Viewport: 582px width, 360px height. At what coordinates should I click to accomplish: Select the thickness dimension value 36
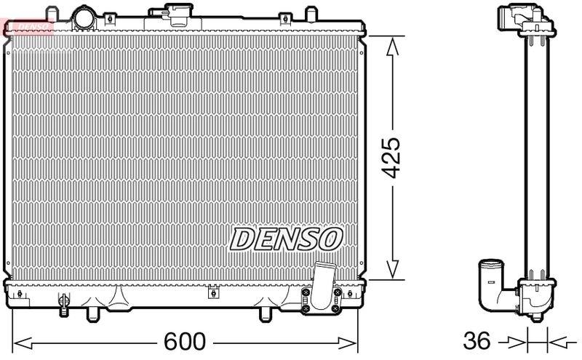pos(477,341)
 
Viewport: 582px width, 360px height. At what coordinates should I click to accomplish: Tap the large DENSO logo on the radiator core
pos(287,238)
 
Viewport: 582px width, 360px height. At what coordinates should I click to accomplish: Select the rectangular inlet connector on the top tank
pos(176,14)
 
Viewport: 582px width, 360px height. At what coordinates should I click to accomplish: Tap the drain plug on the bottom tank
pos(63,300)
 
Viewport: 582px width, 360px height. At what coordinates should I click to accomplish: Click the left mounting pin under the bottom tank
pos(92,313)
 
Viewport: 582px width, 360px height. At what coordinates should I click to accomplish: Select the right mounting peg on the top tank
pos(311,15)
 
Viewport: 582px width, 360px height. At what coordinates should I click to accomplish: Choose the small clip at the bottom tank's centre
pos(212,294)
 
